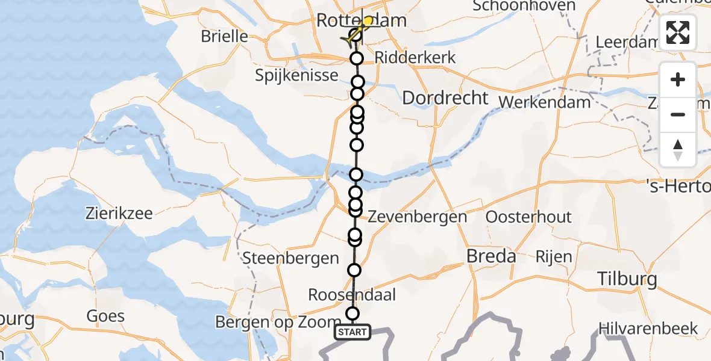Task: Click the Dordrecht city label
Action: (445, 98)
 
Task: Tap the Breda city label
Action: (492, 257)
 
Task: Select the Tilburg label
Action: (626, 279)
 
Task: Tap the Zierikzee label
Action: (119, 214)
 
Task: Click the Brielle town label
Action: (224, 36)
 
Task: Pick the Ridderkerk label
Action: (415, 58)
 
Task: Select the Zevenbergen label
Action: (417, 217)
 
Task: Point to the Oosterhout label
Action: (528, 217)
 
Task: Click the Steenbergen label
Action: (290, 259)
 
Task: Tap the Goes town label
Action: (105, 316)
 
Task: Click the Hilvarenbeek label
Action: (648, 329)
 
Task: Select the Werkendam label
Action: (545, 102)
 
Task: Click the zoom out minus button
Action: (678, 114)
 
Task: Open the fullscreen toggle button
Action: (678, 32)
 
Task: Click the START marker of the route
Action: (352, 332)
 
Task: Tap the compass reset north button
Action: (678, 149)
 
